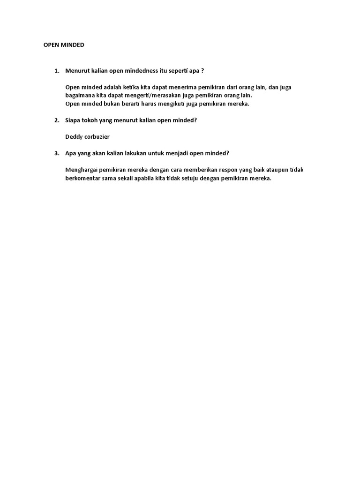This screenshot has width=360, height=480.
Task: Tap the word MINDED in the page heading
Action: point(71,45)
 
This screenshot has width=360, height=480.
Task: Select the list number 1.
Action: point(56,71)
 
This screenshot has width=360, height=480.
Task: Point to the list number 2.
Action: point(56,120)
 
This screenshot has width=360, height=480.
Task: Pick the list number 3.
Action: point(56,153)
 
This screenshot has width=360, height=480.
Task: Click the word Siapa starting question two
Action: point(73,120)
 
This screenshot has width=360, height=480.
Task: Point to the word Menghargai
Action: point(82,170)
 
